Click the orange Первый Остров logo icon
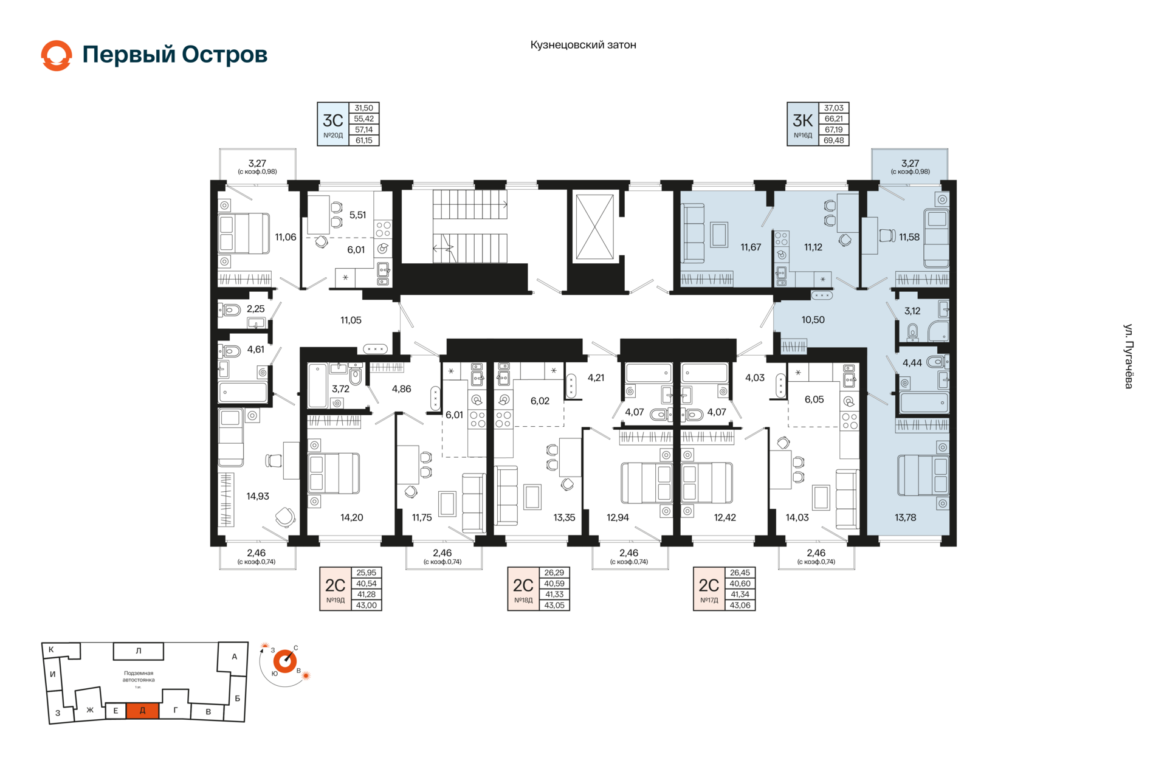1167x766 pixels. click(x=57, y=55)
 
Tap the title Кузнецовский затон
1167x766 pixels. click(x=583, y=44)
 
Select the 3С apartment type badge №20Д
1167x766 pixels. click(x=333, y=124)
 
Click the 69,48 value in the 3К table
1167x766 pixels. click(x=833, y=140)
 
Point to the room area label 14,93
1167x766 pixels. click(x=258, y=496)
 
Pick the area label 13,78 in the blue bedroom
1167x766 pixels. click(x=905, y=517)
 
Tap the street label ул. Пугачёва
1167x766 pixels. click(x=1128, y=356)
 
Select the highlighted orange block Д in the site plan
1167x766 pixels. click(x=143, y=710)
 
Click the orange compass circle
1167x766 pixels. click(x=284, y=661)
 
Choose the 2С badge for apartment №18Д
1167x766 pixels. click(x=523, y=588)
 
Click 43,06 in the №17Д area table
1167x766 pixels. click(x=740, y=605)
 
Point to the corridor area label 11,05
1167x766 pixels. click(x=351, y=320)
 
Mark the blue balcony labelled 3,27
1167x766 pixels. click(x=909, y=165)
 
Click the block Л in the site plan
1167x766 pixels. click(x=139, y=650)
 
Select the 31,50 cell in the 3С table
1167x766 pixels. click(x=363, y=108)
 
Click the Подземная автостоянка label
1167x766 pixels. click(x=139, y=677)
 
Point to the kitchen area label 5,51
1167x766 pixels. click(x=357, y=215)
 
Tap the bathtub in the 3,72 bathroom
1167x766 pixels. click(x=317, y=385)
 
